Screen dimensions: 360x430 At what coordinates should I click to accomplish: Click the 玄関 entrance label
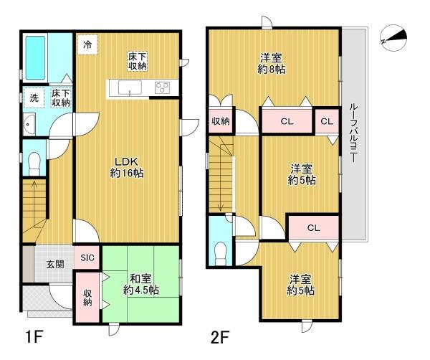click(56, 265)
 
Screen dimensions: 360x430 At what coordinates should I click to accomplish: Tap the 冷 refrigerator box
click(87, 44)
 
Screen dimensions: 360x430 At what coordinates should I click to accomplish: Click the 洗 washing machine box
click(34, 98)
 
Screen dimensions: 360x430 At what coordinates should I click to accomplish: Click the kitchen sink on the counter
click(129, 89)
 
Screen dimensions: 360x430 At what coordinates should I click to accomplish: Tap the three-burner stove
click(161, 89)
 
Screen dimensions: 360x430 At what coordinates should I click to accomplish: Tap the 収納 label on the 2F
click(221, 121)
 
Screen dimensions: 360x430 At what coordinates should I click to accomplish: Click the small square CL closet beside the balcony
click(326, 121)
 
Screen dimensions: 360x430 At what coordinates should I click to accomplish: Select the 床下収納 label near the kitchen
click(138, 62)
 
